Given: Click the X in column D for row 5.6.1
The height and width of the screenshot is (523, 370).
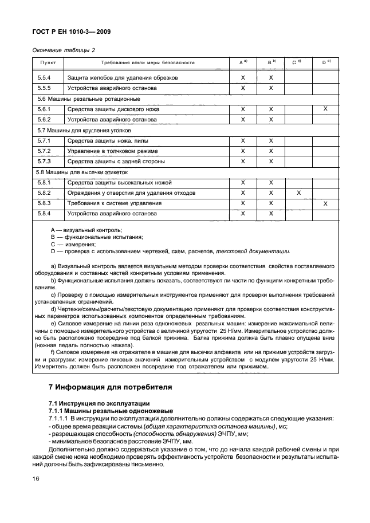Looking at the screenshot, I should coord(325,109).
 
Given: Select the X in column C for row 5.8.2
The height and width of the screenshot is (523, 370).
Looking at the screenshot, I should coord(298,193).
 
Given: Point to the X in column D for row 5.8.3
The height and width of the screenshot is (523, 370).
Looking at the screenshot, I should coord(325,203).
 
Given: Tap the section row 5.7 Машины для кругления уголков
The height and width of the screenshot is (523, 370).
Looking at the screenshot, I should coord(78,131).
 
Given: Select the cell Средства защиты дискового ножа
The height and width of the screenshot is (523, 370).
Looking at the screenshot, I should coord(113,109).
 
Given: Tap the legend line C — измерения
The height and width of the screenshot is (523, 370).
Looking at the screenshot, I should coord(74,243).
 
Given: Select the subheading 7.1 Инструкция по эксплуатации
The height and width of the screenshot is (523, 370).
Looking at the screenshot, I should coord(99,404).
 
